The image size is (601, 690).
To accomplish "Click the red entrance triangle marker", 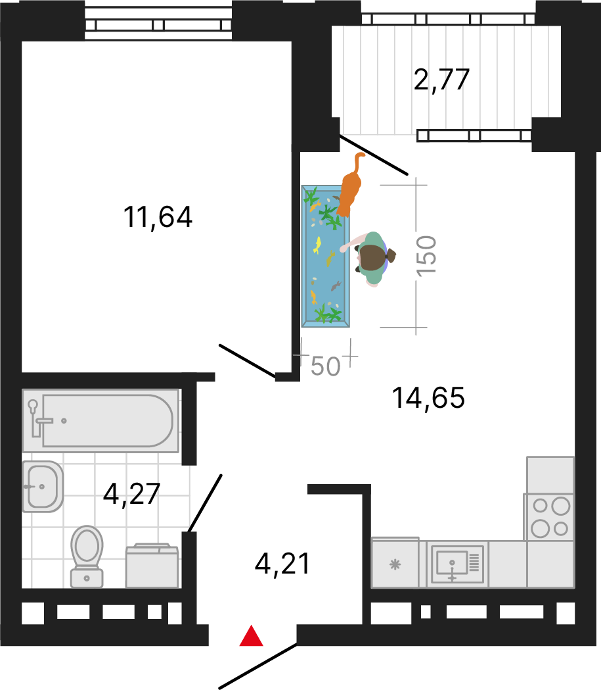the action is pyautogui.click(x=252, y=636).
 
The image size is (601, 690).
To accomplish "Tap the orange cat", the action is pyautogui.click(x=350, y=189).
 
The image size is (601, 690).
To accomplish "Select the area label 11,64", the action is pyautogui.click(x=158, y=217).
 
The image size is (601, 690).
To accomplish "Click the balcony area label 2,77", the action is pyautogui.click(x=441, y=80).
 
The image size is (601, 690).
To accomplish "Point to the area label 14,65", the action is pyautogui.click(x=428, y=398).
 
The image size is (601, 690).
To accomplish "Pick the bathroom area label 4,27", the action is pyautogui.click(x=131, y=495).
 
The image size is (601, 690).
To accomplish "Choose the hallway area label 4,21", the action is pyautogui.click(x=282, y=564).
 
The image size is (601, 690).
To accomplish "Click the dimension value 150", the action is pyautogui.click(x=426, y=257).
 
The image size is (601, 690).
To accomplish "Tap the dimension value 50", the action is pyautogui.click(x=326, y=366).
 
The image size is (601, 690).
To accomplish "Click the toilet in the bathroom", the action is pyautogui.click(x=87, y=556).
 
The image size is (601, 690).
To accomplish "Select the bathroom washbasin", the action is pyautogui.click(x=43, y=487).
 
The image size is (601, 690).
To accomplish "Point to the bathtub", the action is pyautogui.click(x=100, y=421).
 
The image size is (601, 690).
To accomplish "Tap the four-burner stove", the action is pyautogui.click(x=548, y=517).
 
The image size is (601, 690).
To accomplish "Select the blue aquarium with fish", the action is pyautogui.click(x=326, y=257).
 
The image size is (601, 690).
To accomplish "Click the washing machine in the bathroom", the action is pyautogui.click(x=152, y=566).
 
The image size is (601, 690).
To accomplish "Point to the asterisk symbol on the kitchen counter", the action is pyautogui.click(x=395, y=564).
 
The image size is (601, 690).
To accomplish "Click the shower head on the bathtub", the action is pyautogui.click(x=33, y=405).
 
